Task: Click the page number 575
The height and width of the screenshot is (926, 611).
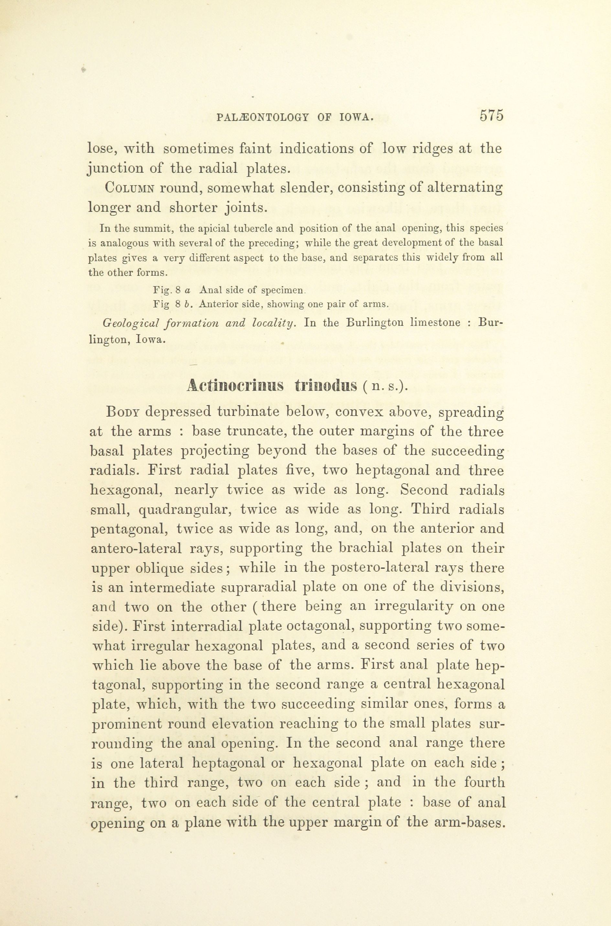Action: pyautogui.click(x=492, y=116)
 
